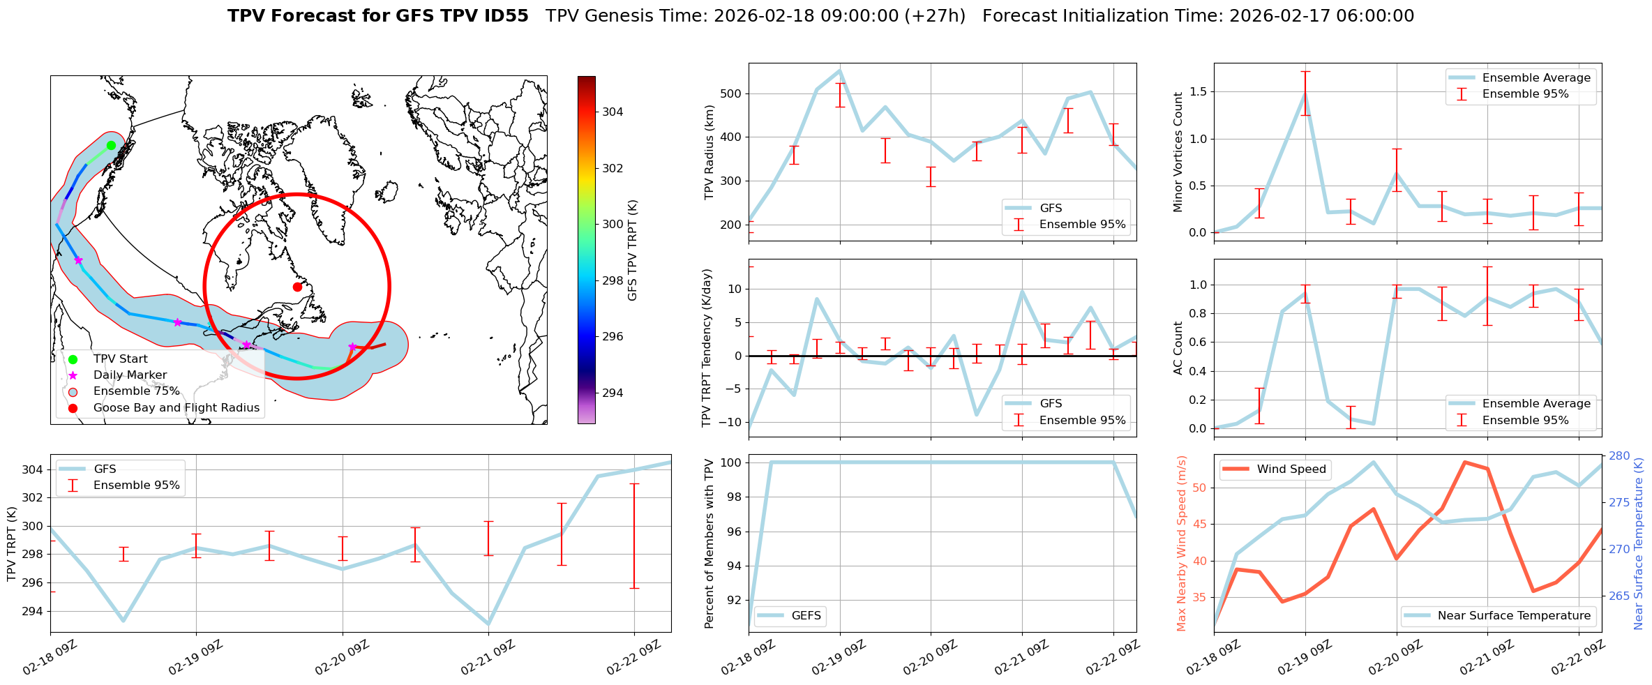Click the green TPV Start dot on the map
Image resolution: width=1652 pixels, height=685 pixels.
(x=111, y=145)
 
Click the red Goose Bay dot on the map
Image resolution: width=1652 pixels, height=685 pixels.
(x=297, y=287)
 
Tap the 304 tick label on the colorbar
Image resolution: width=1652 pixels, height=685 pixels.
(x=613, y=112)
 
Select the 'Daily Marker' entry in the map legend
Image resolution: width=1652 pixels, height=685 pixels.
(x=130, y=375)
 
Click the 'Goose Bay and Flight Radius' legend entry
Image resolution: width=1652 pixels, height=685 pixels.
(x=176, y=408)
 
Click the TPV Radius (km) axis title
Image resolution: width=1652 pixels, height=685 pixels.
(x=709, y=152)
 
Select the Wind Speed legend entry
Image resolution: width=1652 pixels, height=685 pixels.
(x=1291, y=469)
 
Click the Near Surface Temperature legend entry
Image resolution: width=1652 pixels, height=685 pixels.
(x=1513, y=616)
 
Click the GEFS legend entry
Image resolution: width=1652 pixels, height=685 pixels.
(x=806, y=616)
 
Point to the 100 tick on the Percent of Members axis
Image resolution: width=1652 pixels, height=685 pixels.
(x=729, y=462)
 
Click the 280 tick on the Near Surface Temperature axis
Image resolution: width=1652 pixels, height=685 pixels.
(x=1619, y=456)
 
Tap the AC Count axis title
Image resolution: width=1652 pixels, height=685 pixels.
(x=1178, y=348)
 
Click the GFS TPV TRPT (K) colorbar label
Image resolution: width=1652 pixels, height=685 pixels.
(x=633, y=250)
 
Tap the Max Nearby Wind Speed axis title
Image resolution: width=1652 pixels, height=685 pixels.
(x=1182, y=543)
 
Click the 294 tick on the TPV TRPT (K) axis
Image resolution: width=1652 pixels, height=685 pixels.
(x=32, y=612)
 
